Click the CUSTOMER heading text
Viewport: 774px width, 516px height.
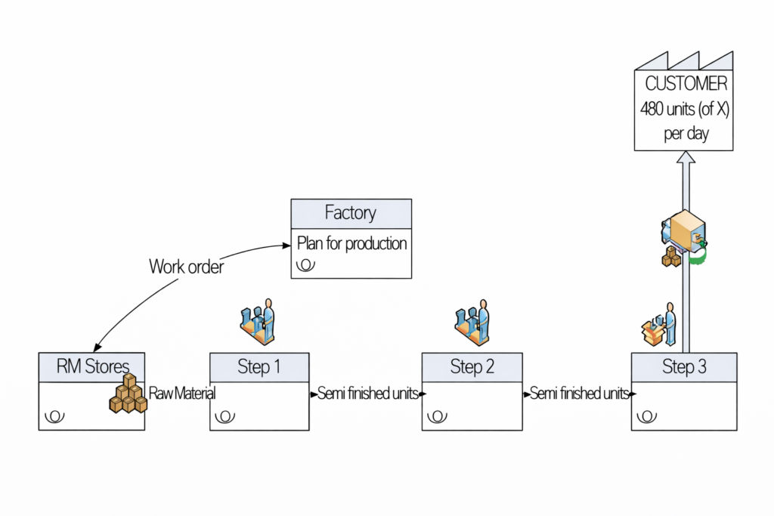click(x=686, y=84)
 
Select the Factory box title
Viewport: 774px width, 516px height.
click(x=351, y=213)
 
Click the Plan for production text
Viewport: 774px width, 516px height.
click(x=351, y=243)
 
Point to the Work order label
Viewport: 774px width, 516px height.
click(x=186, y=266)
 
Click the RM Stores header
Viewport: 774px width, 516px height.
click(x=91, y=367)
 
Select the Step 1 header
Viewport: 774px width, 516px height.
click(x=259, y=367)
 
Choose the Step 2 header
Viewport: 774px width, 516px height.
click(x=472, y=367)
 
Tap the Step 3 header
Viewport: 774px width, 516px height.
click(x=684, y=367)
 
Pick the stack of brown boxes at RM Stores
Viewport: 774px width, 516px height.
click(x=127, y=394)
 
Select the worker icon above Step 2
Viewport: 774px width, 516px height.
click(x=472, y=322)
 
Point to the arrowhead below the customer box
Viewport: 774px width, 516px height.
click(x=685, y=159)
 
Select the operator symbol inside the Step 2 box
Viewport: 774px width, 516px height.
click(x=437, y=416)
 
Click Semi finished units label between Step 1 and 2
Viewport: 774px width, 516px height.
click(x=367, y=394)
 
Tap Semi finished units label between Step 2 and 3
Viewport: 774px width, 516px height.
click(x=579, y=394)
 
